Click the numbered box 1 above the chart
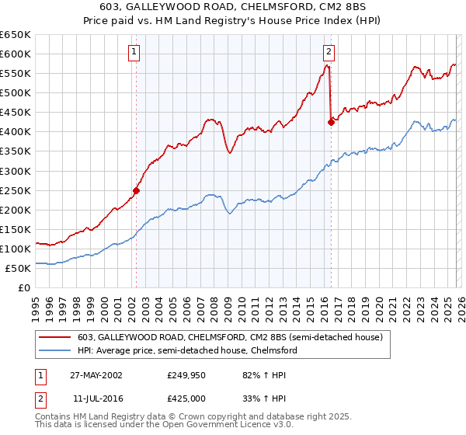pos(134,52)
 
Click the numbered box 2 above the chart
pos(329,52)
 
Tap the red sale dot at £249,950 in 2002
pos(136,190)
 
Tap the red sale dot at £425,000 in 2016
pos(330,121)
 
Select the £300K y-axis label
pos(16,171)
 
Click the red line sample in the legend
pos(56,338)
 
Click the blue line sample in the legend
pos(56,351)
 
